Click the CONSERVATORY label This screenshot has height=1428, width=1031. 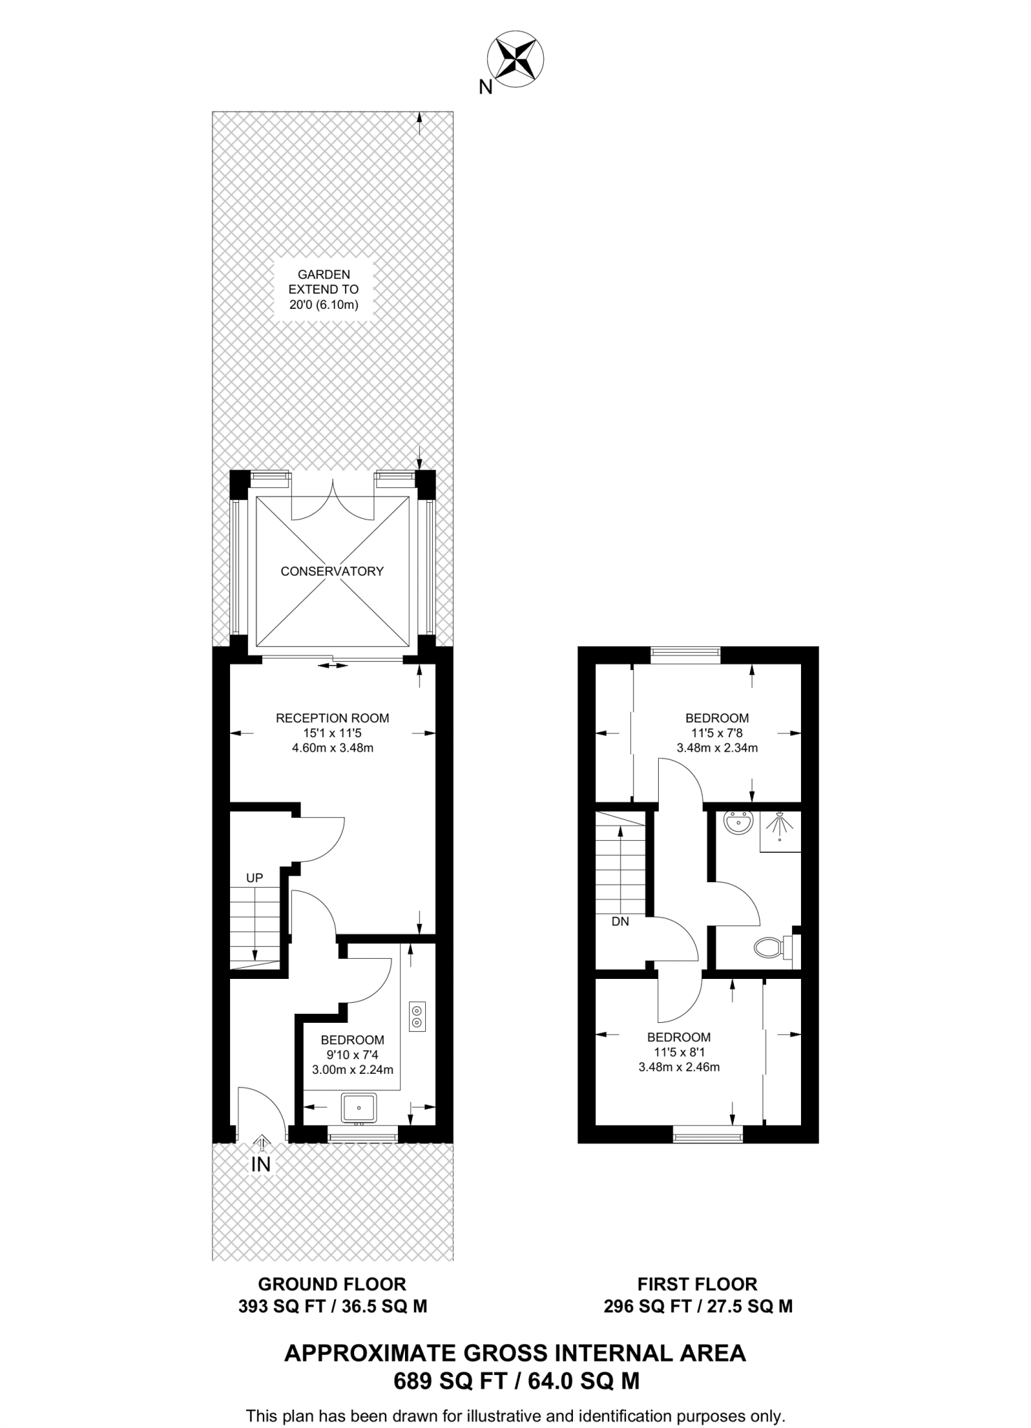(x=332, y=571)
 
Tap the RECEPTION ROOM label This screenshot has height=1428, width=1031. (x=333, y=717)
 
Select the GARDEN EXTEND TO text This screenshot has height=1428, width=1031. (x=323, y=289)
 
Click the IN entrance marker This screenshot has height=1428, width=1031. (x=261, y=1163)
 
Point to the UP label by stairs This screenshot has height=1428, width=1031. (x=254, y=878)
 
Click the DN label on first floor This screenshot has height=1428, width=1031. (x=620, y=921)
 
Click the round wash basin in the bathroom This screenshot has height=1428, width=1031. (x=738, y=824)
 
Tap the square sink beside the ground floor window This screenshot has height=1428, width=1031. (x=359, y=1107)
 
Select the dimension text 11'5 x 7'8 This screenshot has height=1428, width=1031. (x=717, y=733)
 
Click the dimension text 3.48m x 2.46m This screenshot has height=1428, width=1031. (x=679, y=1066)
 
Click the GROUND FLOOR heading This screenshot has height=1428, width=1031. (x=332, y=1284)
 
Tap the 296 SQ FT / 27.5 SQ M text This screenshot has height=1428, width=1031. (x=698, y=1306)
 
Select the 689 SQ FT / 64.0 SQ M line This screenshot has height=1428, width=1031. (x=516, y=1381)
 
